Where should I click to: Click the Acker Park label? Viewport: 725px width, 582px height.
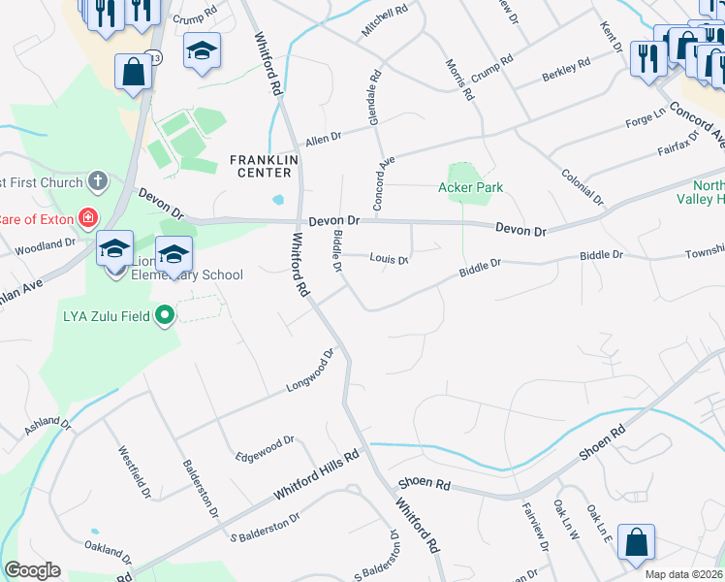point(471,187)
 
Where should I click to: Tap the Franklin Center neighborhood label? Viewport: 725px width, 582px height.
point(261,166)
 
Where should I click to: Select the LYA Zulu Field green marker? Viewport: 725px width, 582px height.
point(165,313)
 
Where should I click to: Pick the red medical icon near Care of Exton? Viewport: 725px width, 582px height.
point(88,216)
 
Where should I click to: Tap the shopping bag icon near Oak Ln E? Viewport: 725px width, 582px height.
point(636,543)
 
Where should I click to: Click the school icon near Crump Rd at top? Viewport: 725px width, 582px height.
point(203,50)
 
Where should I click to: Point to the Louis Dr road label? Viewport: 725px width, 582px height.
point(390,259)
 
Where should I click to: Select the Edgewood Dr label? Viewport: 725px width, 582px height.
point(266,448)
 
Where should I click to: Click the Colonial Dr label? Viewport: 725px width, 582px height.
point(583,186)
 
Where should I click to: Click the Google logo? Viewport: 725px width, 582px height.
point(32,570)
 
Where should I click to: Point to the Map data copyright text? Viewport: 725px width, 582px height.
point(684,574)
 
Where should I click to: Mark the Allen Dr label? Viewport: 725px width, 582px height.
point(324,140)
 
